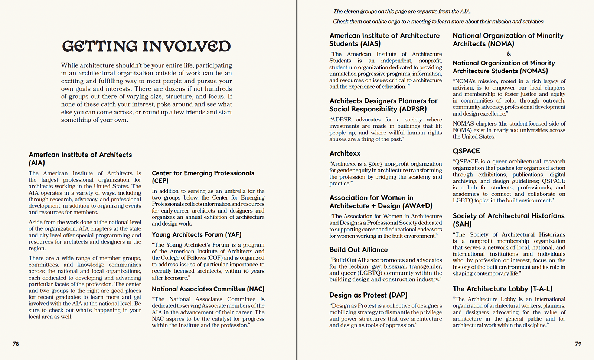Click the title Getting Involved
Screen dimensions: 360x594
pos(146,46)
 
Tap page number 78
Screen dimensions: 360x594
pos(16,344)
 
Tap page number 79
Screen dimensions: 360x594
pos(578,344)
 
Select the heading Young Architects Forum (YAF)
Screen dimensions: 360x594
pos(196,235)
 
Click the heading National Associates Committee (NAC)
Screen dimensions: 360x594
pos(208,289)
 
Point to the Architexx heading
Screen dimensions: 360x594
pos(345,153)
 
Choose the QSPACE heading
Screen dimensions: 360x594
pos(466,151)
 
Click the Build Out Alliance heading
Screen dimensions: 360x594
pos(358,250)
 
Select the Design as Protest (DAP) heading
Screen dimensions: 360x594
pos(368,295)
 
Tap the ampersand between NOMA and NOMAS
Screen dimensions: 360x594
pos(509,54)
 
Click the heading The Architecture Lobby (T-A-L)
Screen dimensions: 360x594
pos(502,289)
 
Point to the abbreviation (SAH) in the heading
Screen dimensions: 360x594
pos(462,224)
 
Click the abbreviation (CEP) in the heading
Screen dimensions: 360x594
pos(160,181)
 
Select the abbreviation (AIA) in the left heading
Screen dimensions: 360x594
pos(37,163)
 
